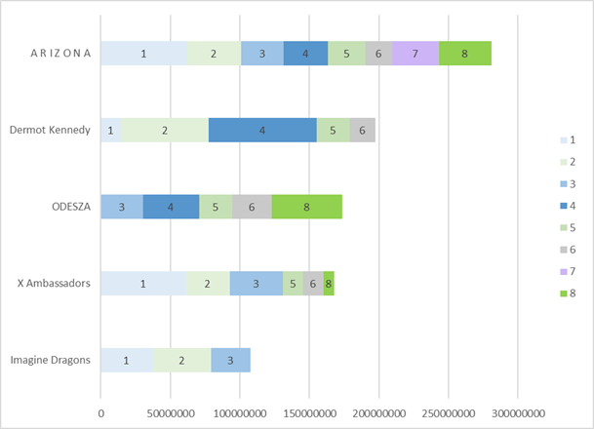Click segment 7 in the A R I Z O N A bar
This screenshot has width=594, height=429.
pos(416,54)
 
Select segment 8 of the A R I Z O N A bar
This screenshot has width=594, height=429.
pos(465,54)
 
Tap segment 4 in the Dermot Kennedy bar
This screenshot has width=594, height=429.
pos(262,130)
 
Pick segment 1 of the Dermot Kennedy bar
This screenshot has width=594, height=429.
pos(111,130)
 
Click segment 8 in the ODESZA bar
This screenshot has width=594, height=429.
pos(307,207)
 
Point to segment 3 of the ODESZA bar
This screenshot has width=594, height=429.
pos(122,207)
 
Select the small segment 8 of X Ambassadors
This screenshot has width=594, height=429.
pos(329,283)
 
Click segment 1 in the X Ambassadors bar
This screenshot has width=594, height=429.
pos(143,283)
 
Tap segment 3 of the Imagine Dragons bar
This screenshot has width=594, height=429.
pos(230,360)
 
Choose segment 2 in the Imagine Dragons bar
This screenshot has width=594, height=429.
pos(181,360)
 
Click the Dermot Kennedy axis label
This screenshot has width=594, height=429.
pos(50,130)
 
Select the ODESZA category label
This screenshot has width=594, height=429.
pos(71,207)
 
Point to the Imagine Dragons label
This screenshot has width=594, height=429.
pos(50,360)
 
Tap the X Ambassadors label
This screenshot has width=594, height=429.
pos(55,283)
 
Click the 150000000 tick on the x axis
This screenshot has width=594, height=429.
pos(309,412)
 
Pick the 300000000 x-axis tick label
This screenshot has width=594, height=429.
pos(518,412)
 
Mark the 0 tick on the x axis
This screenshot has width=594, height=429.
pos(100,412)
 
